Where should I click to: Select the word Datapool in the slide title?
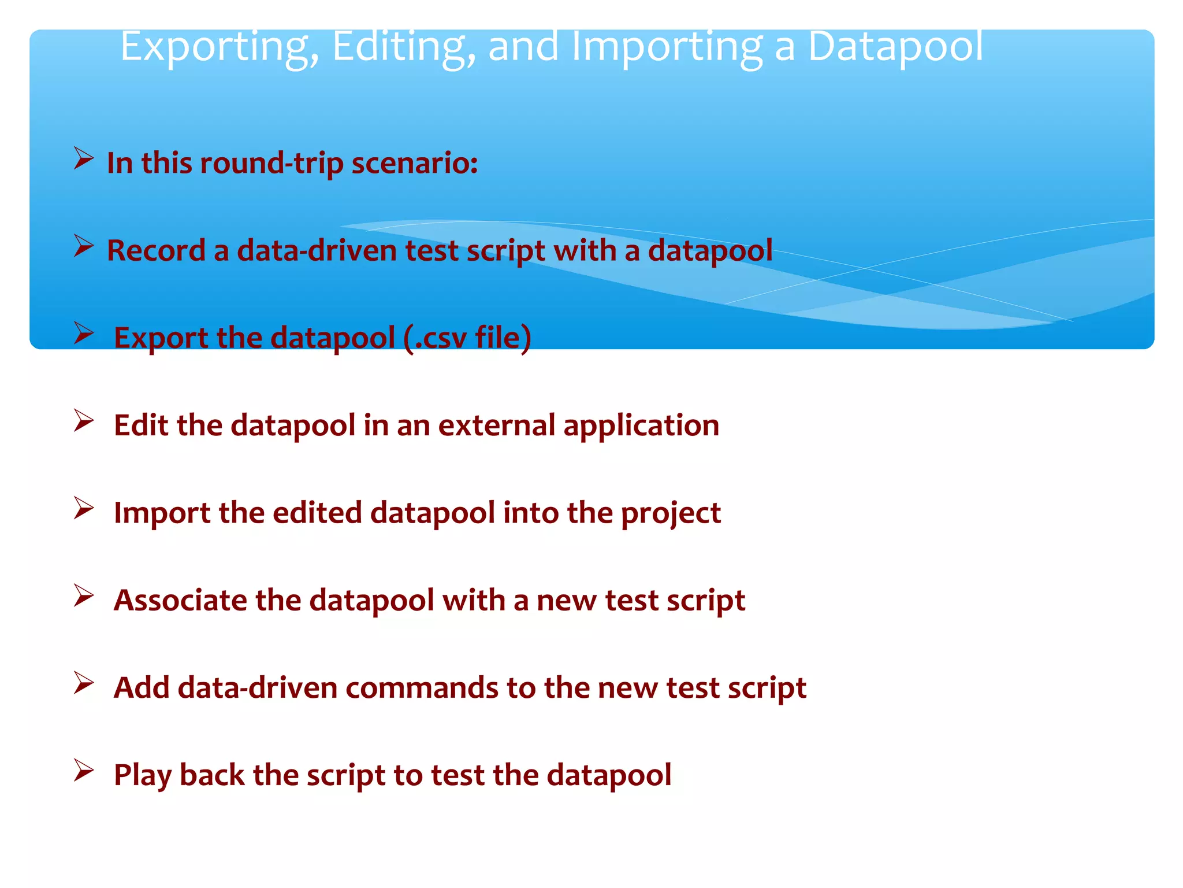point(895,46)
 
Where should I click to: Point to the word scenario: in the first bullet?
point(415,164)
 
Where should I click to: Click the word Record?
point(156,251)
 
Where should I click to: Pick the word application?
point(641,427)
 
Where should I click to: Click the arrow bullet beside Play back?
point(84,771)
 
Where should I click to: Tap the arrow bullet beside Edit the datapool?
point(84,421)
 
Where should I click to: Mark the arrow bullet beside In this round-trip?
point(84,158)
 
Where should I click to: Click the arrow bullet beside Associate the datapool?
point(84,595)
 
